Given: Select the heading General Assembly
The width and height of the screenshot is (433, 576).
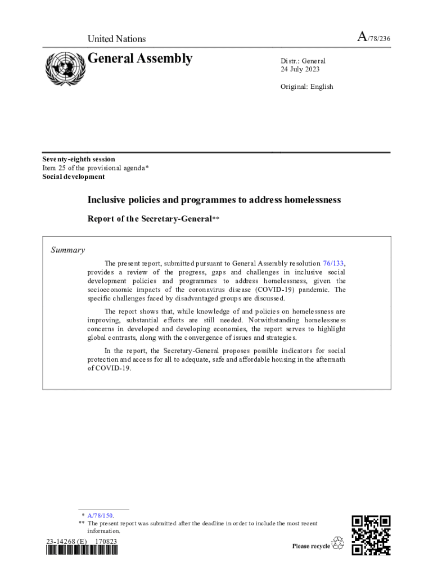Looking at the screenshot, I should tap(140, 58).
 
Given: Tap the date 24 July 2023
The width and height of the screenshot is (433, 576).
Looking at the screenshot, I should tap(300, 69).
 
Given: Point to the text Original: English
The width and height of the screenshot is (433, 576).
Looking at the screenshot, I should tap(306, 87).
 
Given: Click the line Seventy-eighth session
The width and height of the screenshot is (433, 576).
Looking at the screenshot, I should tap(79, 159).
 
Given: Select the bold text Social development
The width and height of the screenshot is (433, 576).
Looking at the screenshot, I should tap(74, 176).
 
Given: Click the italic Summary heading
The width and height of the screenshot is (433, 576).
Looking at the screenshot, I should tap(68, 250).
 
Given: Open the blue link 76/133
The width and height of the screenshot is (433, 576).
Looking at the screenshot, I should tap(333, 263).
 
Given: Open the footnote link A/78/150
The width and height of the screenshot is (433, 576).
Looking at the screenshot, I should tap(101, 515).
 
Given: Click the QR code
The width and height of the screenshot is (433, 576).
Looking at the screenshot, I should tap(371, 535).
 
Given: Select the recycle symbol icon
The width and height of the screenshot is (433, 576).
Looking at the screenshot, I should tap(338, 543).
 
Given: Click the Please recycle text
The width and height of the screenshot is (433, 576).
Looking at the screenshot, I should tap(311, 546).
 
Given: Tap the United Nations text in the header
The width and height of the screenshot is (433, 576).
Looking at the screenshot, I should tap(116, 39).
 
